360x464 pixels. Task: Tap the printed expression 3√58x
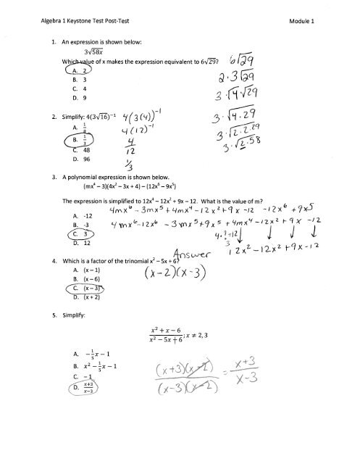[76, 51]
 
